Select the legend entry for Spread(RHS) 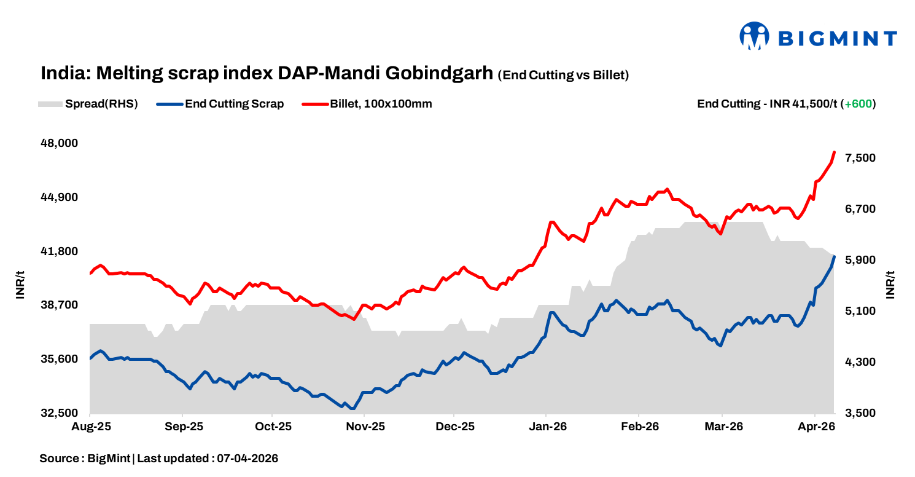pos(88,104)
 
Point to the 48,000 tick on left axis pos(60,143)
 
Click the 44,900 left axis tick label pos(60,197)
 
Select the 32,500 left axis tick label pos(60,413)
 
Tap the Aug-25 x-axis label pos(90,427)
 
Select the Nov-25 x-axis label pos(364,427)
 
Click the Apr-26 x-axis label pos(814,427)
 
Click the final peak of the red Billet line pos(834,152)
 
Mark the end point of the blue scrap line pos(834,256)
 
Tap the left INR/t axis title pos(21,285)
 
